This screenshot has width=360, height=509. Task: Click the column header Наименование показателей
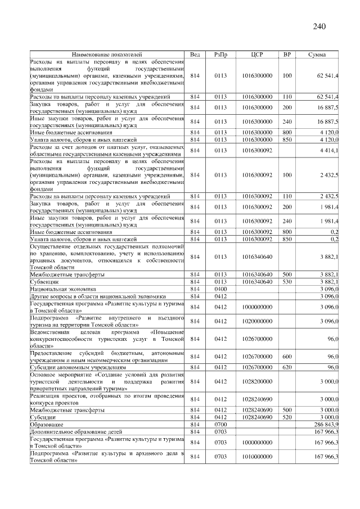107,55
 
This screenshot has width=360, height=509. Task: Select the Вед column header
195,55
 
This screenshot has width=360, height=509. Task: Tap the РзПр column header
221,55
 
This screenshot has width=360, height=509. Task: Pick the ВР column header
287,55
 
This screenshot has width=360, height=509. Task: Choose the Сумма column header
319,55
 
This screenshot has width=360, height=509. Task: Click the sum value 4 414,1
327,151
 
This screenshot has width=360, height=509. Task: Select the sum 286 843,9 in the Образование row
325,424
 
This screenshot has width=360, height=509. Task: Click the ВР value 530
287,281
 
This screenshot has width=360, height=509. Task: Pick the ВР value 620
287,367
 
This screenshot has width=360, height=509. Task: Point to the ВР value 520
287,417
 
